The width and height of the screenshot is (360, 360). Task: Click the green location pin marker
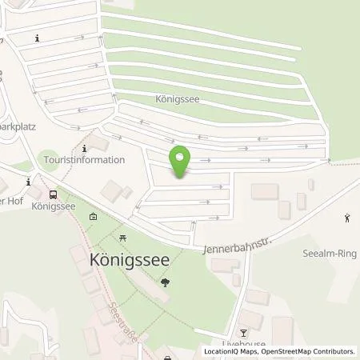click(182, 161)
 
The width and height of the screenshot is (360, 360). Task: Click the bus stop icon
click(53, 194)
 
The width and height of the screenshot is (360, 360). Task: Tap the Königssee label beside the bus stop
click(53, 206)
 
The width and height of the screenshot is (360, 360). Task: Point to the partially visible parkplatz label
click(18, 126)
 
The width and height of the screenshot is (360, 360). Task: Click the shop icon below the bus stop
click(94, 216)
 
